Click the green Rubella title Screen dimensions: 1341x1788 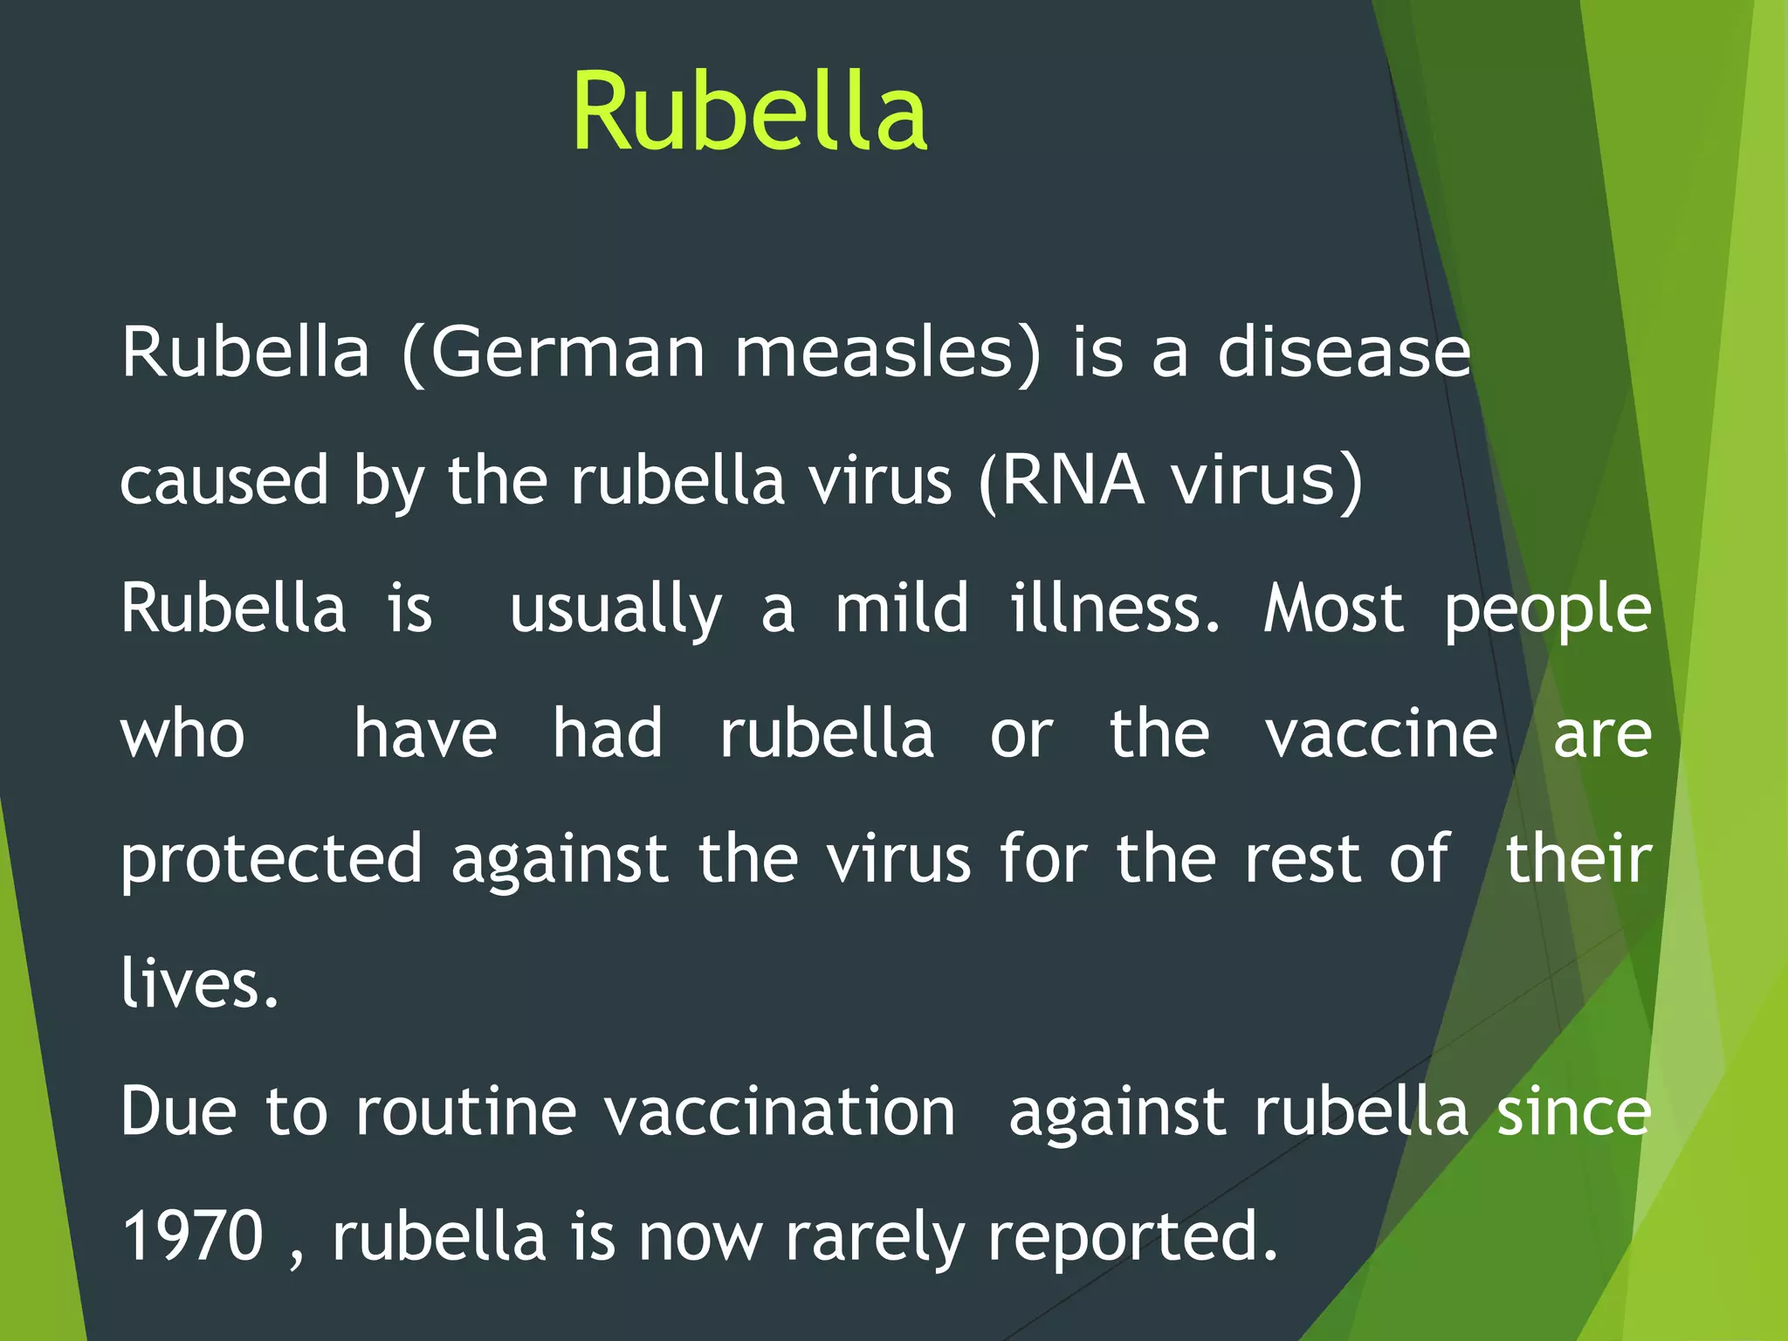(749, 112)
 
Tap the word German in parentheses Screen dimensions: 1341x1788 (567, 352)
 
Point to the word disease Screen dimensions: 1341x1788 (1344, 352)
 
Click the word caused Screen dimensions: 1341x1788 (223, 480)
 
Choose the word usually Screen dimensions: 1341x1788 (615, 609)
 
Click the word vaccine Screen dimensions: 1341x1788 (1381, 734)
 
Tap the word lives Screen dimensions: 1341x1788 (199, 983)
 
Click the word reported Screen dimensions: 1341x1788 (1132, 1237)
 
